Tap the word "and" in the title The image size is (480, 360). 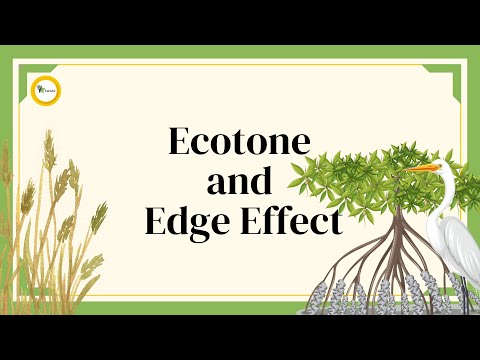(239, 183)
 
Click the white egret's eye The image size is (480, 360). (438, 169)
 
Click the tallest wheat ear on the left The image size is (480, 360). (47, 150)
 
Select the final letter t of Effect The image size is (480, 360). (333, 222)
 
